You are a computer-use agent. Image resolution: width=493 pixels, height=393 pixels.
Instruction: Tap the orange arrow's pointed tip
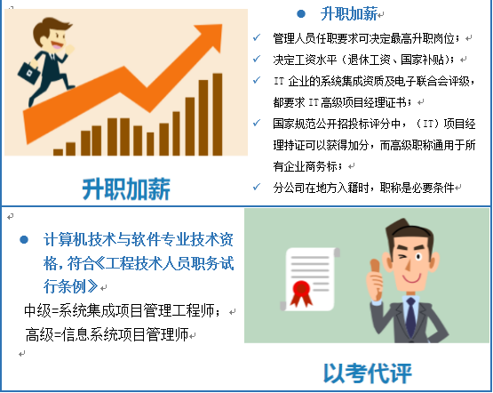222,25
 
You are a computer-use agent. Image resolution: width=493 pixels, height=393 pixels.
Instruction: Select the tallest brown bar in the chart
218,115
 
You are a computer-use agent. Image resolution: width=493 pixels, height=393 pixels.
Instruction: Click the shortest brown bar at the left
58,152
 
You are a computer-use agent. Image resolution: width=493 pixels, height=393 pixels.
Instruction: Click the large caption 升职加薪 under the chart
126,189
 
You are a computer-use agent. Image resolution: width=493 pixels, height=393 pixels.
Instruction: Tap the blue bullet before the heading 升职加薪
301,14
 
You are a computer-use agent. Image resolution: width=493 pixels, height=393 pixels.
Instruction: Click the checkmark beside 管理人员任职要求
257,37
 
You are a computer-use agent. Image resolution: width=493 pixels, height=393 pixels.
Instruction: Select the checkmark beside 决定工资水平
257,59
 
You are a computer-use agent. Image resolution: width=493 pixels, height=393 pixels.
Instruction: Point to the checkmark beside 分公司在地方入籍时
257,187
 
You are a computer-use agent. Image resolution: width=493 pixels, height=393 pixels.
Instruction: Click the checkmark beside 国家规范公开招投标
257,123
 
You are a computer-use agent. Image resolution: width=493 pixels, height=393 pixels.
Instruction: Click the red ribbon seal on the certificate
301,293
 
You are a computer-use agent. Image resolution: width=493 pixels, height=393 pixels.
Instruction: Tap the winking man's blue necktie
411,317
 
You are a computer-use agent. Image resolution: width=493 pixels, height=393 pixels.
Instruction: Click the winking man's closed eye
402,257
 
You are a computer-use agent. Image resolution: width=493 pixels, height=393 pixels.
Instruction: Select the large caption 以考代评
368,373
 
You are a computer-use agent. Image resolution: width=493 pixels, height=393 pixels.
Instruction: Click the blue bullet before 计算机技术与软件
24,240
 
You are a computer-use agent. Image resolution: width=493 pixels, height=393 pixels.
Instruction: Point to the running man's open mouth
57,45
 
